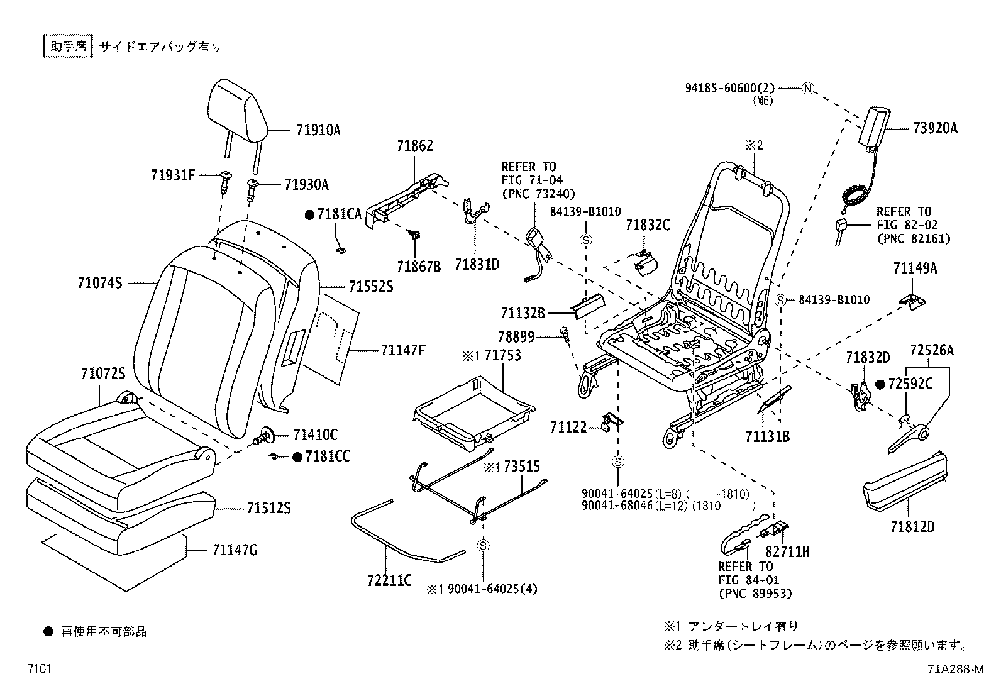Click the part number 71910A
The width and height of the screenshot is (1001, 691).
(x=318, y=131)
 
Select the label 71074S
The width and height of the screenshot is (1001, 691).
(x=100, y=284)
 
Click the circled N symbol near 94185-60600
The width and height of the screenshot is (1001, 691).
(x=807, y=89)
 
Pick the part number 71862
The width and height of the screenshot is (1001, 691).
(x=414, y=146)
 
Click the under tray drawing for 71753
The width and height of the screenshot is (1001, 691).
(x=473, y=412)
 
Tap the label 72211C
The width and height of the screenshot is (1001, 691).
(x=389, y=580)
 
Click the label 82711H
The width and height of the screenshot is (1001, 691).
(x=787, y=552)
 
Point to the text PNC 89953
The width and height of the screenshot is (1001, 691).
(x=755, y=593)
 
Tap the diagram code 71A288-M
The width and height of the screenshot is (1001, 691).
(x=954, y=669)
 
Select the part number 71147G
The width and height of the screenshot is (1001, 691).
(x=235, y=551)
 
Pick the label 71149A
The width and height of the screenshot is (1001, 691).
(x=915, y=268)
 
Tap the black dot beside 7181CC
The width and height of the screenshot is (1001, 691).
(x=299, y=457)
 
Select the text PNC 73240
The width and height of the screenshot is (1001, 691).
(x=538, y=194)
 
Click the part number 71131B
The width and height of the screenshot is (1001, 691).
(x=767, y=436)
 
